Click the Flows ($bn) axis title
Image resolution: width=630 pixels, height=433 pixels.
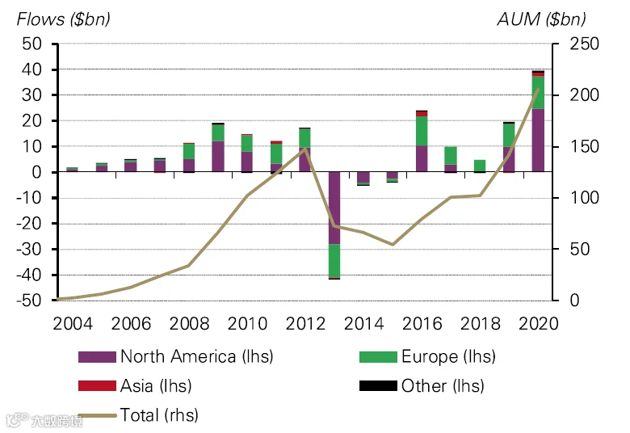click(64, 19)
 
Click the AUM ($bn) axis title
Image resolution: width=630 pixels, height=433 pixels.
click(541, 19)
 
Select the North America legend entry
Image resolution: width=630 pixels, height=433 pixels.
click(175, 356)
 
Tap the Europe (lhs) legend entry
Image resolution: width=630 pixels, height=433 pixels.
click(427, 356)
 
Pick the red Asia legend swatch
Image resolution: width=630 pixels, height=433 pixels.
click(97, 385)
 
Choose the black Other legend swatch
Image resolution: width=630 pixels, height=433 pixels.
click(378, 385)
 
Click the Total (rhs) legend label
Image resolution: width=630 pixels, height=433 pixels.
click(159, 415)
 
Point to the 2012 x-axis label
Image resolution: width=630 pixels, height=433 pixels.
click(305, 324)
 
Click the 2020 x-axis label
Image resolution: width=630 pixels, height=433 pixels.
click(539, 324)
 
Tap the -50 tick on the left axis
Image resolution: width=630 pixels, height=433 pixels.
click(29, 301)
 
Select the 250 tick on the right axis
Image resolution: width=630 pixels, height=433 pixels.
click(584, 44)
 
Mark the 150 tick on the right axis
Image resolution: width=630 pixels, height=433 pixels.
click(584, 147)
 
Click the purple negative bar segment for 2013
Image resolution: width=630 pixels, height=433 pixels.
click(334, 208)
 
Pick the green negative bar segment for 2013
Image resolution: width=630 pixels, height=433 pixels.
click(334, 261)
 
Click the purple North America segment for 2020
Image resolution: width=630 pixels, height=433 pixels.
click(538, 141)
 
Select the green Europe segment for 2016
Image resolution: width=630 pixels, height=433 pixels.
click(422, 131)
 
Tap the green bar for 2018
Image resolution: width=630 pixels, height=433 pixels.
click(480, 166)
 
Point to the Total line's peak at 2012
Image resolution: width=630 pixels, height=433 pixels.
click(305, 149)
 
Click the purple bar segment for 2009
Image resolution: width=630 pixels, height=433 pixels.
click(218, 157)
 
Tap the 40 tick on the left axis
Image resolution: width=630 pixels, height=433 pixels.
click(31, 69)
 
